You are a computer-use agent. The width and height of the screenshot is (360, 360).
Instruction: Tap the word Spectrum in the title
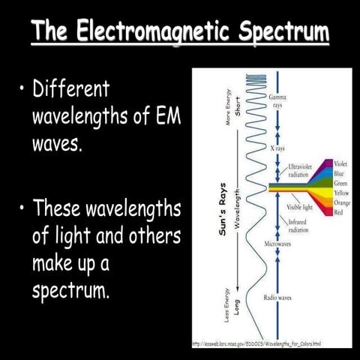point(286,32)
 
